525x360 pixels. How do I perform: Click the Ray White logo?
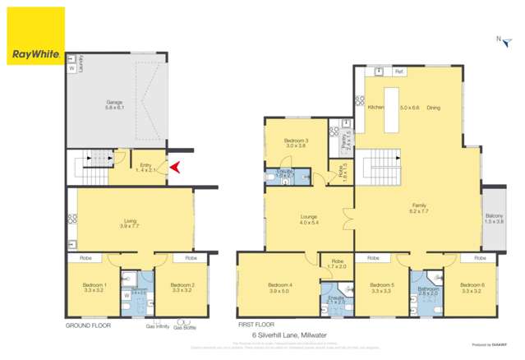(x=35, y=36)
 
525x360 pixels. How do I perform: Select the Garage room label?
(x=113, y=103)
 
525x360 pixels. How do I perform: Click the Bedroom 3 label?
(x=296, y=141)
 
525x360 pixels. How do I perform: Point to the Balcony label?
(x=495, y=218)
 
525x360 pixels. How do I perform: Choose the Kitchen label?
(x=376, y=108)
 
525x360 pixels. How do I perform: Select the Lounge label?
(x=308, y=217)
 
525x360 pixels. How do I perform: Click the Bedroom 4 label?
(x=279, y=285)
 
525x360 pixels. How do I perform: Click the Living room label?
(x=129, y=220)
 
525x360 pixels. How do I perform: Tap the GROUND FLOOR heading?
(x=88, y=325)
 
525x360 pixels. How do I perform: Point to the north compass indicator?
(x=500, y=39)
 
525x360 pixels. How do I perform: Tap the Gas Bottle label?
(x=184, y=328)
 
